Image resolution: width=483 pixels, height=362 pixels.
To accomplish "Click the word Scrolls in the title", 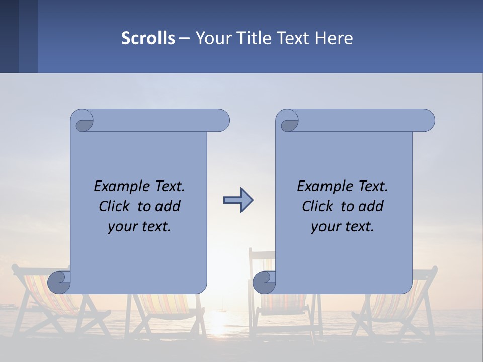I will point(148,38).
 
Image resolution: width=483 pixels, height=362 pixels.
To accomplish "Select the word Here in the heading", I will point(334,38).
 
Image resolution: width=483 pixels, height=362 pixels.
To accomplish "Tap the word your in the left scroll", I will point(122,227).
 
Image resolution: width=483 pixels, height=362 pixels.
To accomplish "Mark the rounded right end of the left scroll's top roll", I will point(221,121).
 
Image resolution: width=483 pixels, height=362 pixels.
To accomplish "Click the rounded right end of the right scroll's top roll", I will point(427,121).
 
